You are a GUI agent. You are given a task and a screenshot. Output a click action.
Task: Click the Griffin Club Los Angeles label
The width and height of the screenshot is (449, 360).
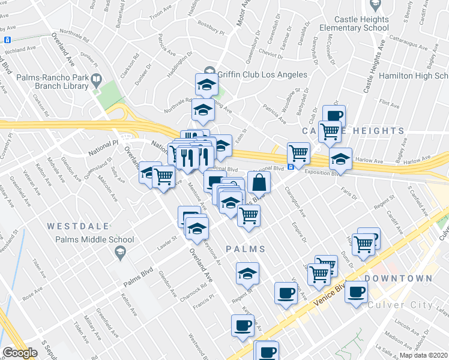click(x=263, y=75)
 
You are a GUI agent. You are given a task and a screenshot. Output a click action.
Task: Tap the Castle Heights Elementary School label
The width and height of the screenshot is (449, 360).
click(x=354, y=23)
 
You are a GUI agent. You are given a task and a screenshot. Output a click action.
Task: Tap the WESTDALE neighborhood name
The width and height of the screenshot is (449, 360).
click(x=78, y=226)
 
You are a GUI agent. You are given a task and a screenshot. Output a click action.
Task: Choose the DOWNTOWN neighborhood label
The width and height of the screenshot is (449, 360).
click(x=398, y=278)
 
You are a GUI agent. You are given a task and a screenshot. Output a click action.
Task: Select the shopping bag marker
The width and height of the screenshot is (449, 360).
click(x=259, y=182)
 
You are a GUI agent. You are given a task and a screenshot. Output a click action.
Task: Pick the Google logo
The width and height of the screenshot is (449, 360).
click(x=20, y=353)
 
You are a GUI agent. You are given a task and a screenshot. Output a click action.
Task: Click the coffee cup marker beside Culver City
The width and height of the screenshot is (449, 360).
click(x=356, y=292)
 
